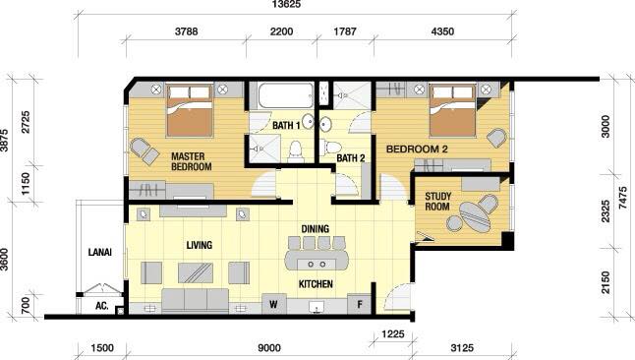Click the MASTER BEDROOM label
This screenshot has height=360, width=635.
191,161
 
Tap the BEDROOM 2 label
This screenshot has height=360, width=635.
417,150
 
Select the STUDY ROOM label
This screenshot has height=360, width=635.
437,202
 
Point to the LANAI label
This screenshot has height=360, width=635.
99,252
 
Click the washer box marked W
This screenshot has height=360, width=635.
274,304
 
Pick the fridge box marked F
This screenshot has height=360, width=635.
359,304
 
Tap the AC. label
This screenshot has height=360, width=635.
101,306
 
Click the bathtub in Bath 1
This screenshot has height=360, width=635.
285,95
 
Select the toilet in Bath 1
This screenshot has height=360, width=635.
296,151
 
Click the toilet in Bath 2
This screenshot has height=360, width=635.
331,148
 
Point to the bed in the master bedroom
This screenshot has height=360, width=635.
190,110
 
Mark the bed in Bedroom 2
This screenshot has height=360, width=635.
452,110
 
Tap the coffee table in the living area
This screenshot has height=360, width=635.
196,272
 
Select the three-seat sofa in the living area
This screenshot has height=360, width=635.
196,300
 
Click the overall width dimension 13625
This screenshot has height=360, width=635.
286,5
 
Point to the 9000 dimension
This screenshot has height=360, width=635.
269,348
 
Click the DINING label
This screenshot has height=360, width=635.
316,229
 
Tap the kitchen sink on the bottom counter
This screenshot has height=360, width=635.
317,307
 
